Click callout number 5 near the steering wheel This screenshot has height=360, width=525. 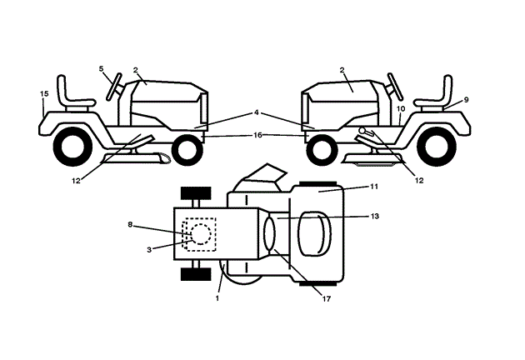102,69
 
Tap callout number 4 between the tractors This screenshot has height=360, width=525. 257,112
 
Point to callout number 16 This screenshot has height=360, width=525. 258,135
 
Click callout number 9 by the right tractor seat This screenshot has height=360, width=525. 466,99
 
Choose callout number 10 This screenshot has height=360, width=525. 400,109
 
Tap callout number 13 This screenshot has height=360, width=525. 375,215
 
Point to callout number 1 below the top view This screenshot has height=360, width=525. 218,297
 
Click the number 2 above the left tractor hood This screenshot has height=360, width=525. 134,71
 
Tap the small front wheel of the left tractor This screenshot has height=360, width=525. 187,149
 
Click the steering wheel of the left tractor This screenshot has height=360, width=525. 114,86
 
